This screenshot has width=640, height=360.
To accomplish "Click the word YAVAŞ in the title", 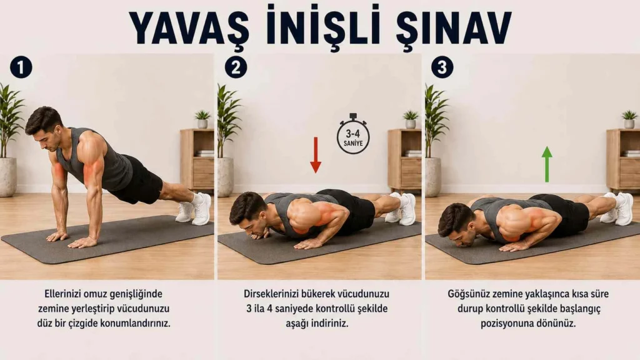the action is tap(189, 28).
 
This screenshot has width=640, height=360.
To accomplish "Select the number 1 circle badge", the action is tap(21, 67).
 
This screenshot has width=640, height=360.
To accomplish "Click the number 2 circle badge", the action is tap(236, 67).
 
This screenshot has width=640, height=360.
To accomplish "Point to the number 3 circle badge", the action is tap(442, 67).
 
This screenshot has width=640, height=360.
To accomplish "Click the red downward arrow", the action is tap(316, 155).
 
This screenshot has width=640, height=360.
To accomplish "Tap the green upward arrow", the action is tap(547, 164).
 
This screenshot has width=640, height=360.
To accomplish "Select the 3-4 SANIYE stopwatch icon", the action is tap(353, 134).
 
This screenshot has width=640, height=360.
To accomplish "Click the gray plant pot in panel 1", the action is tap(7, 177).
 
